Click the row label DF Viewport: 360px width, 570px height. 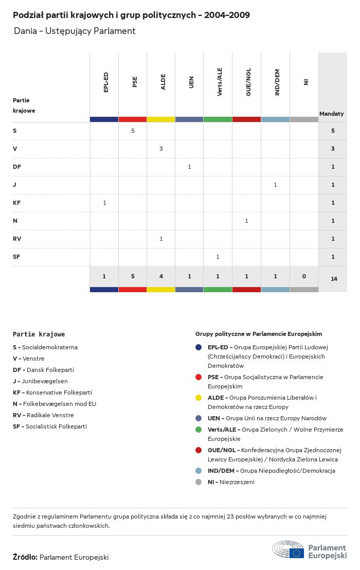click(x=17, y=167)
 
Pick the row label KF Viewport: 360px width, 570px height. click(x=17, y=203)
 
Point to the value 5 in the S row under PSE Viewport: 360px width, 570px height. click(x=133, y=131)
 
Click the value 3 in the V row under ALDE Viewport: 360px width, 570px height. click(x=161, y=149)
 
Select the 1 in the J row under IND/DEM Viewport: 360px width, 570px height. click(x=275, y=185)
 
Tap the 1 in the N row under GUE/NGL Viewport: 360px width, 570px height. click(x=246, y=221)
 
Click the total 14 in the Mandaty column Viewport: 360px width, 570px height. click(x=334, y=279)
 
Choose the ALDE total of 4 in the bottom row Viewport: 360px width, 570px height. click(x=161, y=276)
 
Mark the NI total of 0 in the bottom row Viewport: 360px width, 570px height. click(x=304, y=276)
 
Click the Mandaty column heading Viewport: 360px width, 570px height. click(x=332, y=114)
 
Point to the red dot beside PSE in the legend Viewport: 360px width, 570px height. click(x=199, y=377)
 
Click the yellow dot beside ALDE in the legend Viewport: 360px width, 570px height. click(x=199, y=398)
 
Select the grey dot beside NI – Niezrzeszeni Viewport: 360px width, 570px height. click(x=199, y=482)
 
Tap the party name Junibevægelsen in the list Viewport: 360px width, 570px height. click(x=45, y=381)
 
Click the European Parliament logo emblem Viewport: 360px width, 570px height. click(x=289, y=549)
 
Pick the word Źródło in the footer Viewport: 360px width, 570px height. click(x=25, y=557)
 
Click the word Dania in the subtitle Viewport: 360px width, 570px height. click(x=26, y=31)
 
